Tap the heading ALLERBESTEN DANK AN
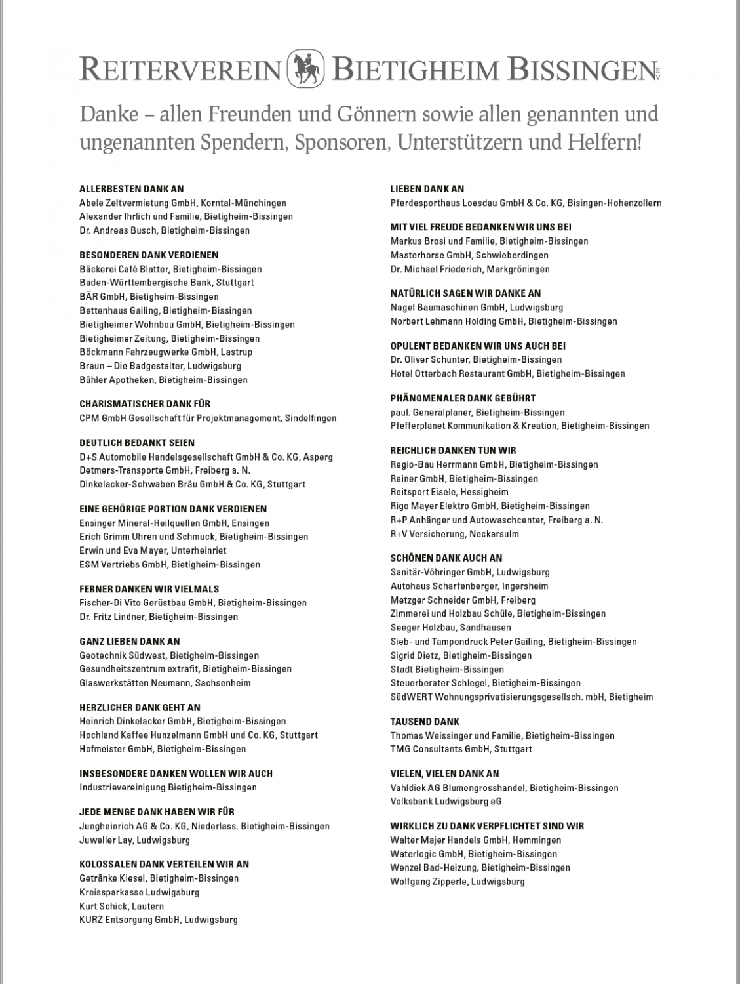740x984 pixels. pos(132,189)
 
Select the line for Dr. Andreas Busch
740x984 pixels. pos(165,230)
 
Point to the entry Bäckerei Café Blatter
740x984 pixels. pos(170,269)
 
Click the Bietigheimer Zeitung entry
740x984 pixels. pos(169,338)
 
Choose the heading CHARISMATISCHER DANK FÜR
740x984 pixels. pos(145,404)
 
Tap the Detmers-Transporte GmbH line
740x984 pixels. pos(165,470)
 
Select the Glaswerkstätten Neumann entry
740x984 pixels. pos(165,683)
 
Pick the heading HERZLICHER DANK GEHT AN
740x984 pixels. pos(140,708)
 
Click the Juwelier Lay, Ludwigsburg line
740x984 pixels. pos(134,840)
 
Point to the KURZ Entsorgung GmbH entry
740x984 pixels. pos(158,920)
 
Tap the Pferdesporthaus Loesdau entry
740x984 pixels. pos(526,203)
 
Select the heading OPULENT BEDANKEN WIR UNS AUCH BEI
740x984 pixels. pos(478,346)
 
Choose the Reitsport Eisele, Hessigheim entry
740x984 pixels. pos(449,492)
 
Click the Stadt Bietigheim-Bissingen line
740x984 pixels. pos(447,670)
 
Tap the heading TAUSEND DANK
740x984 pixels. pos(425,722)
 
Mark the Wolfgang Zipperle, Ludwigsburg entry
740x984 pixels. pos(458,882)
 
